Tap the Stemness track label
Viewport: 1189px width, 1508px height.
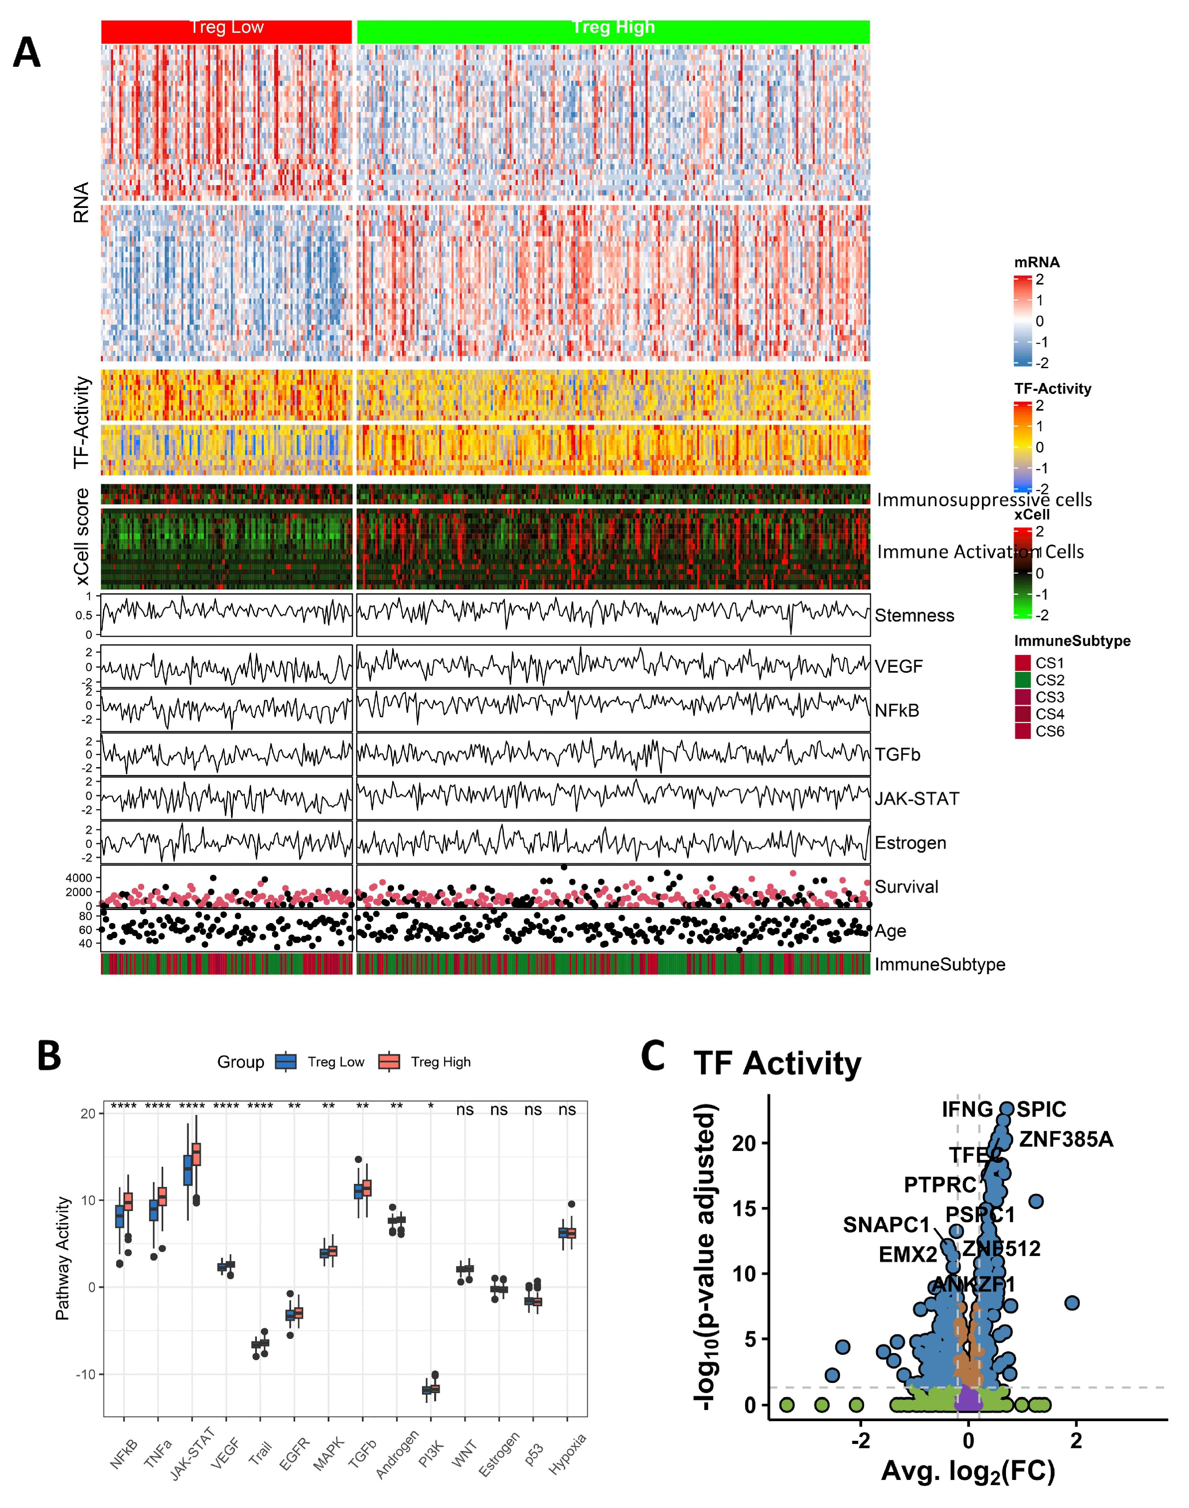[914, 615]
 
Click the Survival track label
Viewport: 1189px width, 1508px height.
[906, 886]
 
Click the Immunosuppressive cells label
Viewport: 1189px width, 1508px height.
[984, 500]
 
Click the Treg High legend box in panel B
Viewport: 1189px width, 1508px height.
[389, 1062]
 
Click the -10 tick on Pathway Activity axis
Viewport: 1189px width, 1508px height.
[85, 1374]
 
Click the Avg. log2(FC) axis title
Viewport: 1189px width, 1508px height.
[968, 1471]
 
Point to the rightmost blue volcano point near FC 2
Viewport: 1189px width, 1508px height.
[1072, 1303]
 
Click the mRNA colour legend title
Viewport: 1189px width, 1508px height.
[1037, 263]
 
